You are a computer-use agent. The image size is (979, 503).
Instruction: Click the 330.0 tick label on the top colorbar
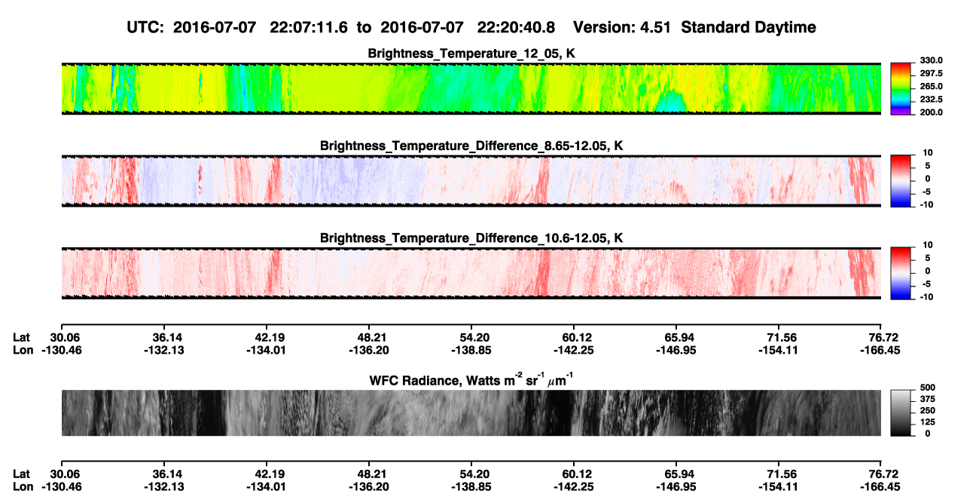[x=931, y=60]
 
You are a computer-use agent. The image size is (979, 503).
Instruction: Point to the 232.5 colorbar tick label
[x=931, y=100]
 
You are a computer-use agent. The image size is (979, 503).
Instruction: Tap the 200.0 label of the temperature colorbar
[x=931, y=112]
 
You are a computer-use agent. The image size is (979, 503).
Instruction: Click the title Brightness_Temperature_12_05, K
[x=471, y=54]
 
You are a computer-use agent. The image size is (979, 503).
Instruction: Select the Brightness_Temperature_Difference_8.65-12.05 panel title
[x=471, y=146]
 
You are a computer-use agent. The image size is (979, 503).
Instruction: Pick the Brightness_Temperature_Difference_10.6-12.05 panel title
[x=471, y=238]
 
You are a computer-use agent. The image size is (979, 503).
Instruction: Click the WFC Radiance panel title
[x=471, y=379]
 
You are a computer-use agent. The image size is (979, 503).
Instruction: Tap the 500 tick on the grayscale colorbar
[x=928, y=388]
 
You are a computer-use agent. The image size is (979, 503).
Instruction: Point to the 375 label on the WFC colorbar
[x=928, y=399]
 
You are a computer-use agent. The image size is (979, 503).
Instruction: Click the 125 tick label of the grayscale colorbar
[x=928, y=422]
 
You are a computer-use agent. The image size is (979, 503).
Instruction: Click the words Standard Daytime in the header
[x=749, y=27]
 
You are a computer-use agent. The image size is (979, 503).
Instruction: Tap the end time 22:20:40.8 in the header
[x=516, y=27]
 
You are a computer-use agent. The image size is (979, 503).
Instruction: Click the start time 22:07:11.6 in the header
[x=309, y=27]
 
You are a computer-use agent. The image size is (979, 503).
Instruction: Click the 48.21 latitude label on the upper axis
[x=370, y=338]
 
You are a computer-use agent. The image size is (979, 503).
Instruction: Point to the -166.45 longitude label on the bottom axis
[x=880, y=487]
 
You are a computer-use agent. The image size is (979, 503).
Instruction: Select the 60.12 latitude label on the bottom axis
[x=575, y=474]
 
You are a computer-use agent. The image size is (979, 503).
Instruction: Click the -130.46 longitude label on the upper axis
[x=62, y=350]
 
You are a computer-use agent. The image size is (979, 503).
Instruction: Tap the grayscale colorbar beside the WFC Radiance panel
[x=901, y=413]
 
